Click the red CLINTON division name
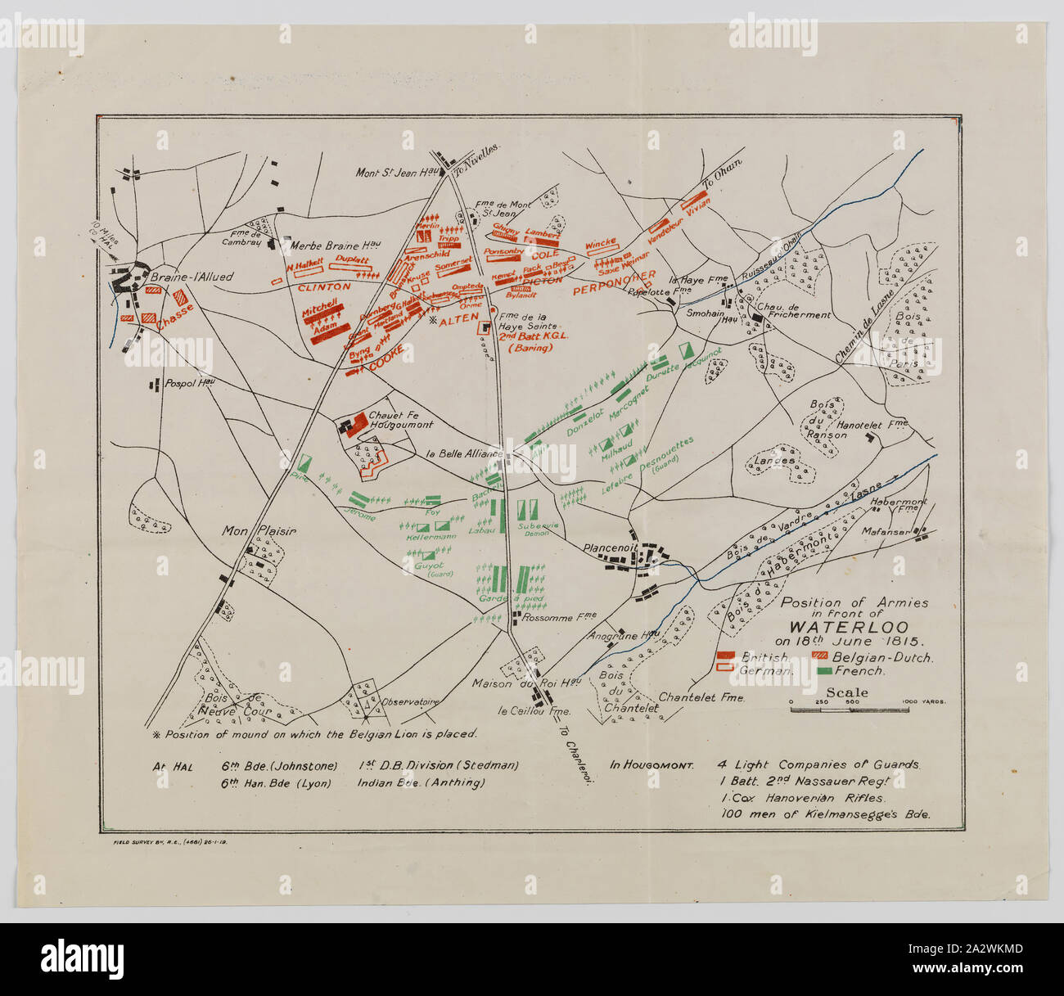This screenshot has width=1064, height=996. [323, 287]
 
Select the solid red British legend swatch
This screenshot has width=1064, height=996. [726, 656]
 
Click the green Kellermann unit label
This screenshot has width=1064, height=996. [431, 537]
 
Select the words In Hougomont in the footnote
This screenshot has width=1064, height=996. [651, 766]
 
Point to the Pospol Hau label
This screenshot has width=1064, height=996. [189, 383]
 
